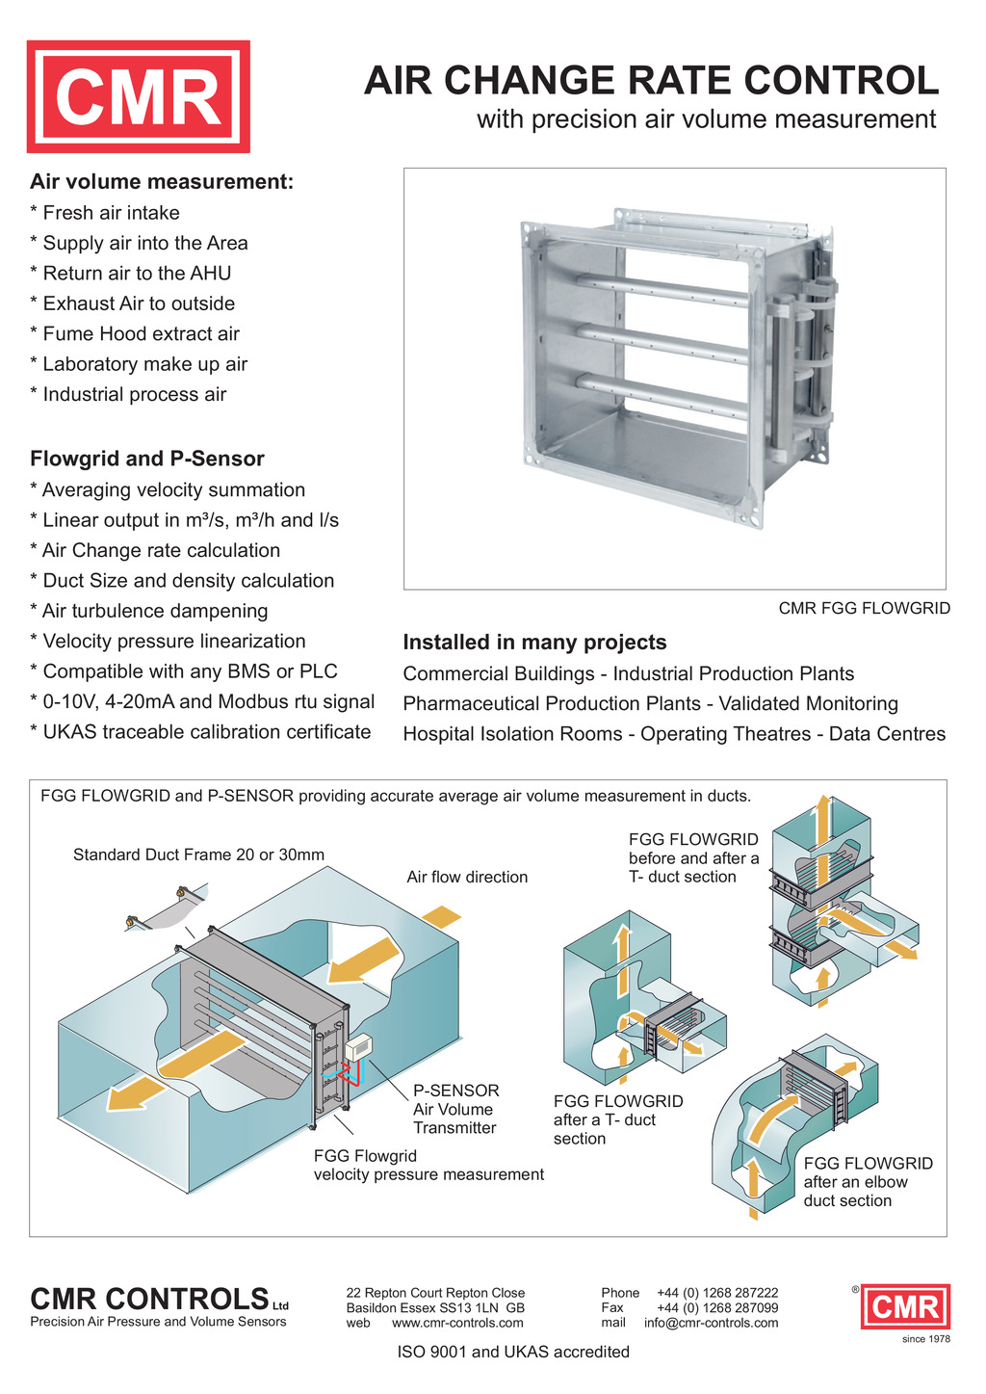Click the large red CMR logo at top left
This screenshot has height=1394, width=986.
pyautogui.click(x=138, y=96)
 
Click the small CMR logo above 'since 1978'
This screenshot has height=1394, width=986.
pyautogui.click(x=905, y=1307)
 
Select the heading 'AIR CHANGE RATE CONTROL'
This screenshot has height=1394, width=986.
pyautogui.click(x=651, y=81)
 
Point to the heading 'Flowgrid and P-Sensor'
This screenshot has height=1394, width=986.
pyautogui.click(x=146, y=459)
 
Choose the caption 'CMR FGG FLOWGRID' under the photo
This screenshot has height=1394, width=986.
pyautogui.click(x=864, y=609)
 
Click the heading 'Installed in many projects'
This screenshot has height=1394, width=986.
pyautogui.click(x=534, y=643)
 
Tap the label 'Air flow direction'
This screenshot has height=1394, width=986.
pyautogui.click(x=467, y=877)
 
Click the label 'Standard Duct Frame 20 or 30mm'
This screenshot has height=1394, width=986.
pyautogui.click(x=198, y=855)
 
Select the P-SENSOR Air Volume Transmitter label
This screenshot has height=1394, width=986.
pyautogui.click(x=455, y=1109)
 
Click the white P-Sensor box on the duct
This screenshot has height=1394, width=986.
pyautogui.click(x=359, y=1047)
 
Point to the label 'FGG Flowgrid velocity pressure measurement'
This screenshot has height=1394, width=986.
pyautogui.click(x=428, y=1165)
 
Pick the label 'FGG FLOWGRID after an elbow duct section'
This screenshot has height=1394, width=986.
pyautogui.click(x=868, y=1181)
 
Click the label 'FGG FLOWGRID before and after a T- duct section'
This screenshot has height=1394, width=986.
pyautogui.click(x=693, y=857)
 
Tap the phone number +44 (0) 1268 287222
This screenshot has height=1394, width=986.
pyautogui.click(x=717, y=1293)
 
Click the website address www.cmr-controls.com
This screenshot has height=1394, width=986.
pyautogui.click(x=457, y=1323)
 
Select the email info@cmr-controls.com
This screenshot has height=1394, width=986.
pyautogui.click(x=711, y=1323)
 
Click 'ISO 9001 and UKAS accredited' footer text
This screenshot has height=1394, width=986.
pyautogui.click(x=513, y=1352)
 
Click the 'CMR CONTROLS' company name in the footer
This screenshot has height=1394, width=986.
pyautogui.click(x=149, y=1299)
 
